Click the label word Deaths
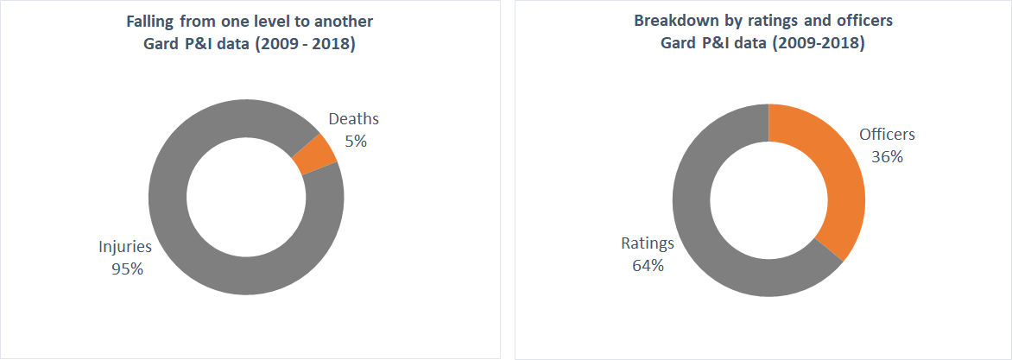pos(354,120)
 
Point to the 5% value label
pos(355,141)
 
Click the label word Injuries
pos(124,247)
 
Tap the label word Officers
pos(887,135)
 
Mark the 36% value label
pos(887,156)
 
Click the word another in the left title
pos(345,20)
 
